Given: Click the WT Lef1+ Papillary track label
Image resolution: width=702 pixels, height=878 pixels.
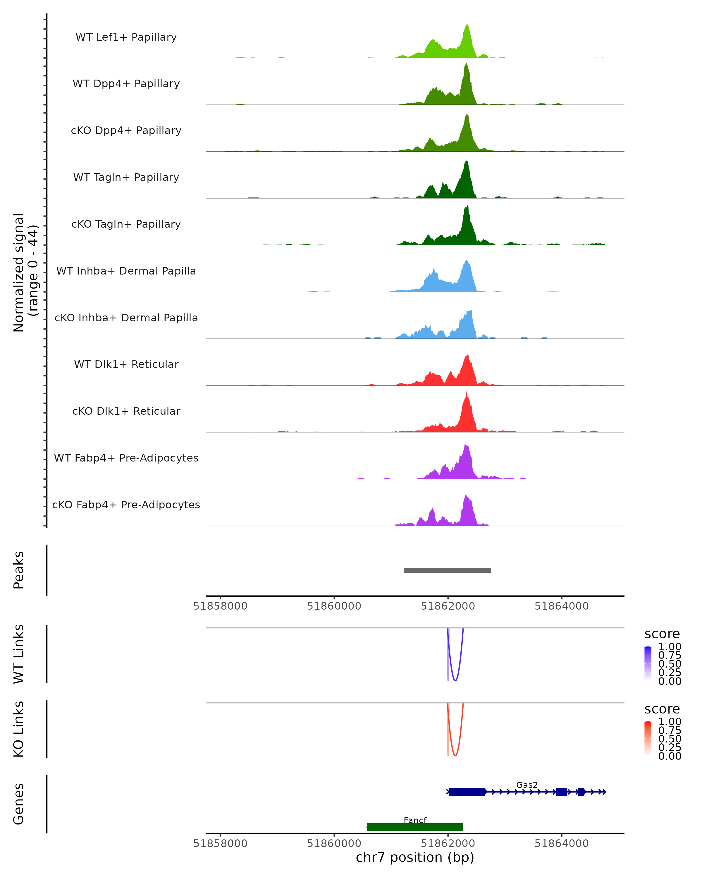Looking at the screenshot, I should click(126, 37).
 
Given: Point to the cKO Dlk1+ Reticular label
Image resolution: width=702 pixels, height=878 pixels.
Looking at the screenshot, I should click(126, 411).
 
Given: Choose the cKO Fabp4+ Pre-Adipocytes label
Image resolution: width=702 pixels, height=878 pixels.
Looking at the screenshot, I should click(126, 505).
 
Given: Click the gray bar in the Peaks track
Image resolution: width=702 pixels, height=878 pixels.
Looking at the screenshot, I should click(447, 570).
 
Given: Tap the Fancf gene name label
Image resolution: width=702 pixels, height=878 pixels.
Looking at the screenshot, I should click(415, 820).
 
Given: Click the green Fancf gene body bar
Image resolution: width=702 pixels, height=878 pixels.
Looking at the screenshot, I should click(415, 827).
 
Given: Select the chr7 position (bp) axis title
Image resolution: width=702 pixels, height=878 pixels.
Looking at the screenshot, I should click(415, 857).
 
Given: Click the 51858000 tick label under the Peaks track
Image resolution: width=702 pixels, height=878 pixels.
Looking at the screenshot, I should click(220, 606).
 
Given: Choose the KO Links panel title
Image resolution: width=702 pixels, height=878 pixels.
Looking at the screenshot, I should click(19, 729).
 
